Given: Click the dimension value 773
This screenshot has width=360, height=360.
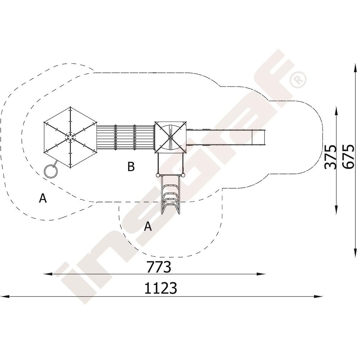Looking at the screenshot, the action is pos(159,266).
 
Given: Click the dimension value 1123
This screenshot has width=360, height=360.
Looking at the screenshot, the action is pos(161,288).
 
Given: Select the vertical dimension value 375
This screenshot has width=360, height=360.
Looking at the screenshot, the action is pos(330,157).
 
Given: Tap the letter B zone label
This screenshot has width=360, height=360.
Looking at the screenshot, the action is pos(131,167).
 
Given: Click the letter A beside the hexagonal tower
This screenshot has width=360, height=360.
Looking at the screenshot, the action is pos(43,198).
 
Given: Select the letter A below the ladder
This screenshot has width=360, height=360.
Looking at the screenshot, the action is pos(148,226).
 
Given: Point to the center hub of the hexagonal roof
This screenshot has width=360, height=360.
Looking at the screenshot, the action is pos(70,137).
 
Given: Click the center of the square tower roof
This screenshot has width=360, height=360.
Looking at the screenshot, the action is pos(170,137).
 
